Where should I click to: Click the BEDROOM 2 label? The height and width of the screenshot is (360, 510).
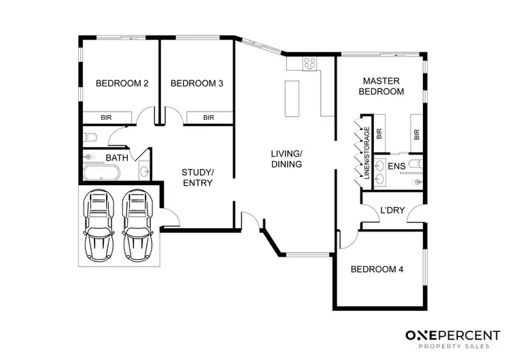click(x=122, y=84)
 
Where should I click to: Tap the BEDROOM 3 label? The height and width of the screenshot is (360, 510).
click(x=197, y=84)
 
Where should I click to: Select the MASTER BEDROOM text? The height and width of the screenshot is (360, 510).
click(x=381, y=86)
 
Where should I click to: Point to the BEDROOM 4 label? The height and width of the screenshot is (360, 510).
click(x=377, y=269)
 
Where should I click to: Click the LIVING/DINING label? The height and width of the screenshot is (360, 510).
click(x=286, y=159)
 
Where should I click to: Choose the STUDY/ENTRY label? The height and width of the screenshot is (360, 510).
click(x=198, y=177)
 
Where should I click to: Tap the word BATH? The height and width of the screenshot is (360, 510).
click(x=117, y=158)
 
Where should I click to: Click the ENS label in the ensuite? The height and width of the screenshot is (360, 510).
click(x=396, y=165)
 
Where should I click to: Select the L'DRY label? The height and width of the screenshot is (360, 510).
click(x=392, y=210)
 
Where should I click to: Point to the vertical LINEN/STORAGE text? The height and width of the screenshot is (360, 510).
click(x=367, y=154)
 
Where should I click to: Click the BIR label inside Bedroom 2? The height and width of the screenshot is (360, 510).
click(x=106, y=117)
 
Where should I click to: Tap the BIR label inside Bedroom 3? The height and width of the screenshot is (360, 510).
click(x=209, y=117)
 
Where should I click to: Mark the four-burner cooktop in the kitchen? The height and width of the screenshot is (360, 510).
click(x=310, y=63)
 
